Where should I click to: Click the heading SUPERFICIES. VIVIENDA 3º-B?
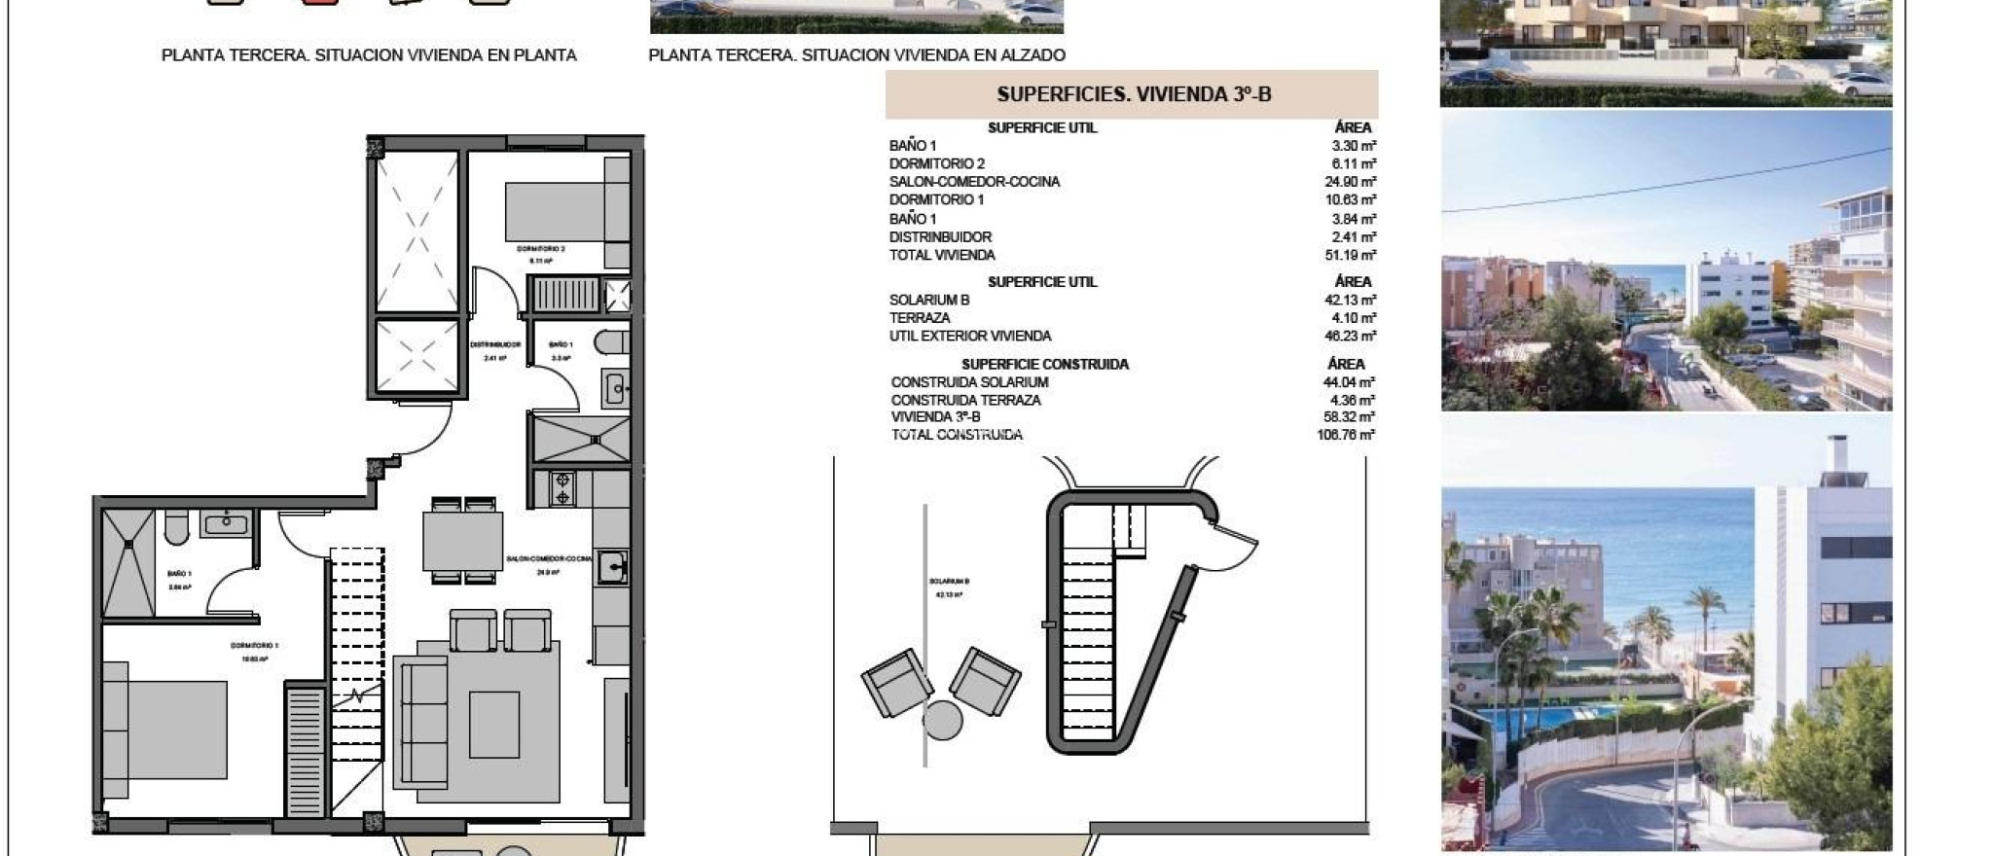pos(1134,94)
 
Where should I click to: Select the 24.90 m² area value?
pos(1350,182)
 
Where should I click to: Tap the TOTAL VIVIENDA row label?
pos(941,255)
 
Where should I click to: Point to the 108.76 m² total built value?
pos(1345,435)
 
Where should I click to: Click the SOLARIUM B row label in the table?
pos(928,300)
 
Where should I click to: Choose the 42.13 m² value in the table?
pos(1350,300)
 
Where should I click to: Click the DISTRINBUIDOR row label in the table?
pos(940,236)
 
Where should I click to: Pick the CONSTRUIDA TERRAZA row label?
pos(965,400)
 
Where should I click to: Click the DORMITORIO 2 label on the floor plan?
pos(540,249)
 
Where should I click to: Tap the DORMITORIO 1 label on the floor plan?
pos(255,646)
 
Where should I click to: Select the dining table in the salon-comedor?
pos(462,541)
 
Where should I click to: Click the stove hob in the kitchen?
pos(562,488)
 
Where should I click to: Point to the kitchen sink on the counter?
pos(612,567)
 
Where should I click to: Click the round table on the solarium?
pos(942,721)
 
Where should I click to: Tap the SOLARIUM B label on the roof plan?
pos(948,581)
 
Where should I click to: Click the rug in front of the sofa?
pos(493,724)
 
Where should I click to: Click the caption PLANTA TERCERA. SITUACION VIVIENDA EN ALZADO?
pos(856,55)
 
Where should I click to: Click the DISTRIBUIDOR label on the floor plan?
pos(495,344)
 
